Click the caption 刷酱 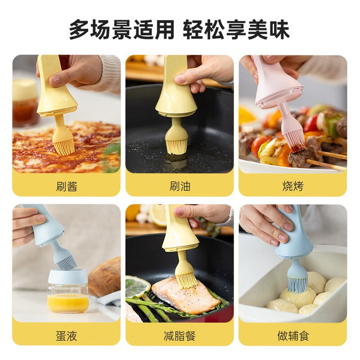66,186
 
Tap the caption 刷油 180,186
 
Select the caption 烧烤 292,186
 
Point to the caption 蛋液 66,335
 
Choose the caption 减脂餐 180,335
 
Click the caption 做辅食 292,335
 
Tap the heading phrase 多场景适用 121,30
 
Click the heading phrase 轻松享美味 236,30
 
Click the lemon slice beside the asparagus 137,286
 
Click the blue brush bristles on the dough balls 298,285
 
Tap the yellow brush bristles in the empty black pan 176,146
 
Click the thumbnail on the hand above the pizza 55,80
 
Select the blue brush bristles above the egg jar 66,262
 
